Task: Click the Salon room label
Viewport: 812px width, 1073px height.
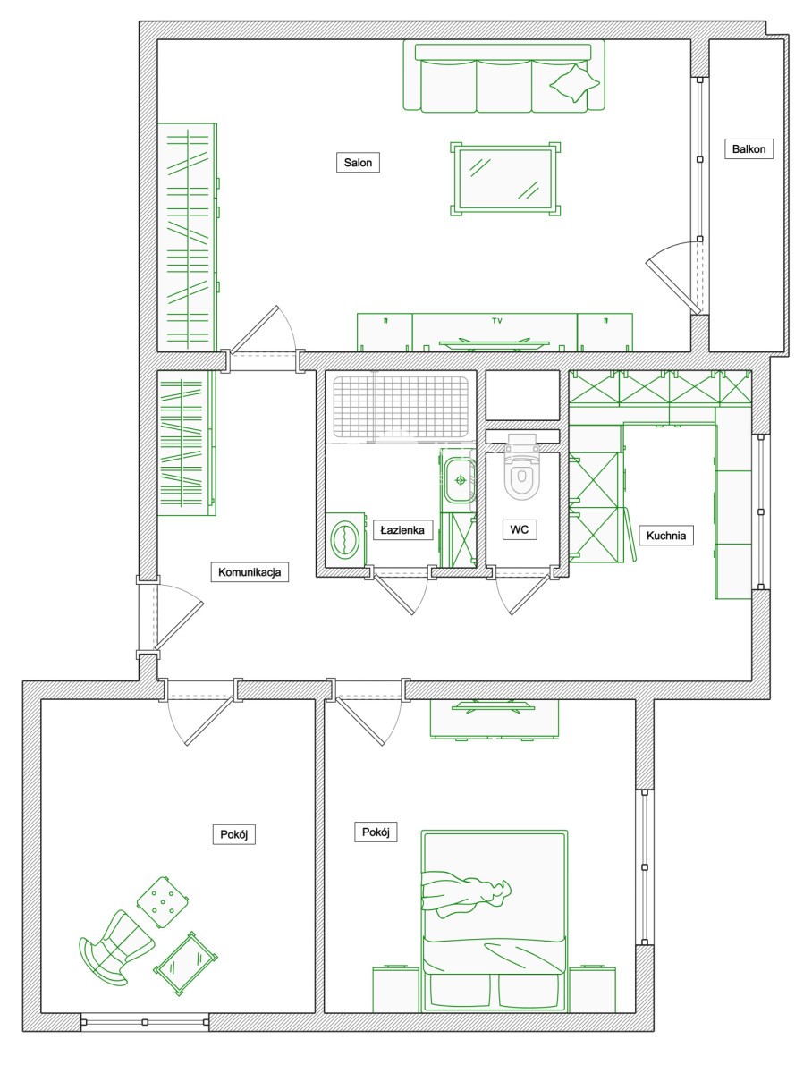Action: (x=358, y=163)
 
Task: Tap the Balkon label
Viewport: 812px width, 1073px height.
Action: (x=749, y=148)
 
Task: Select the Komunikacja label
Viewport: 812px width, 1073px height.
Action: (x=250, y=571)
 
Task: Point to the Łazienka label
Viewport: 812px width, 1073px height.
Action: (x=402, y=529)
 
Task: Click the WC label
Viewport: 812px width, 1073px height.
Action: (x=520, y=529)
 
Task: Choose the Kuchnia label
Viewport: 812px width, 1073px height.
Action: (x=666, y=535)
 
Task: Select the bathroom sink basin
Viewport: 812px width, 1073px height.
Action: (x=460, y=480)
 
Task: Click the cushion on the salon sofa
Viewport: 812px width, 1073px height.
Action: (x=574, y=83)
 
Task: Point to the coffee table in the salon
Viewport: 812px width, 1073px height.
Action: (x=505, y=179)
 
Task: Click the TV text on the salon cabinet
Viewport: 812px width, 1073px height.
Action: (x=497, y=321)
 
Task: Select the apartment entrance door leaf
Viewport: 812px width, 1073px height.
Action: (x=179, y=625)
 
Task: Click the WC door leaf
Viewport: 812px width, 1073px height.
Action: (x=530, y=593)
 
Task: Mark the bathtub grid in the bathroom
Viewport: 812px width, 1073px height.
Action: (x=401, y=406)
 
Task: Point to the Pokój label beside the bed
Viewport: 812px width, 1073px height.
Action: (x=376, y=832)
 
